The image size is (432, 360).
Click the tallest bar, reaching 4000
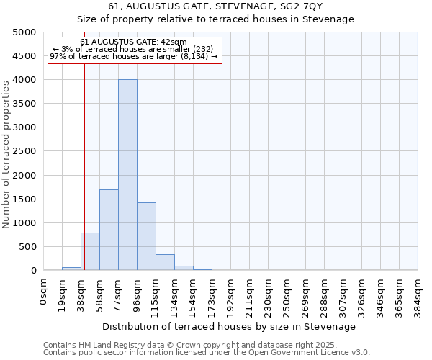127,175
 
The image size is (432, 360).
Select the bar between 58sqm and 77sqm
109,230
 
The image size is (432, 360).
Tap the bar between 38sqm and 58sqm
90,251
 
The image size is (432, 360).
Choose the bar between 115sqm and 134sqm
165,262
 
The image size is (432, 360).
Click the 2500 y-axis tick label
24,151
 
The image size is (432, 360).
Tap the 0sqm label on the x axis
44,292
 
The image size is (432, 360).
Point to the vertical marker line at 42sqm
84,180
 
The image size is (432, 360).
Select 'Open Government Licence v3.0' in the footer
310,353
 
